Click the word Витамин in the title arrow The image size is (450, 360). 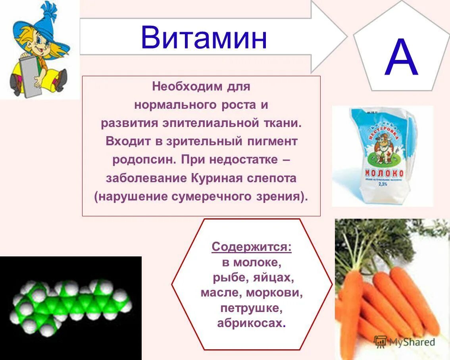[204, 38]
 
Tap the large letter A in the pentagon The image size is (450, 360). [401, 59]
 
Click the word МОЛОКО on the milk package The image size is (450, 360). [384, 173]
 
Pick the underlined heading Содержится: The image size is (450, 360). [252, 247]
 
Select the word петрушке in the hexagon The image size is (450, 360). [252, 308]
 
